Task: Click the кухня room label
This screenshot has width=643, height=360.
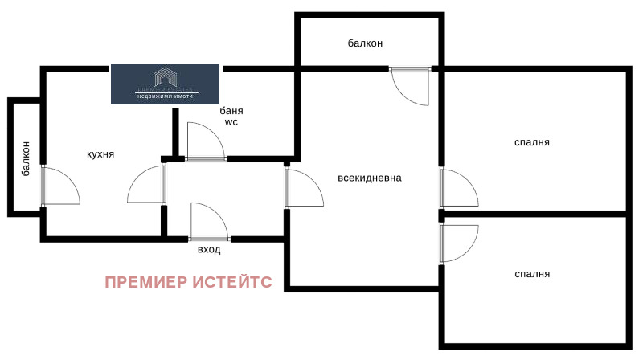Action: tap(101, 153)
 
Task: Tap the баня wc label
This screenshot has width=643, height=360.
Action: tap(231, 117)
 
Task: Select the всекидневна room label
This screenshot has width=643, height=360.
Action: tap(370, 178)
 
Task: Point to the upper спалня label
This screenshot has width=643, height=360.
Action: tap(532, 142)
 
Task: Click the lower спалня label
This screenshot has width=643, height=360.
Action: tap(532, 274)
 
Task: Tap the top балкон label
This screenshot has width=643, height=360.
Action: tap(365, 43)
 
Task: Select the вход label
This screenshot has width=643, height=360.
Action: tap(209, 250)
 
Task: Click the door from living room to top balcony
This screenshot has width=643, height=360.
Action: tap(411, 86)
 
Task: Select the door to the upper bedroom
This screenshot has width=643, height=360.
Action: tap(457, 188)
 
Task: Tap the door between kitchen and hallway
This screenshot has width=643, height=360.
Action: tap(147, 185)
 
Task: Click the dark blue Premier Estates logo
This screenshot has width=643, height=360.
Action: tap(165, 84)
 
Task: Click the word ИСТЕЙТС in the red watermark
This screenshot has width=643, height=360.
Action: tap(232, 282)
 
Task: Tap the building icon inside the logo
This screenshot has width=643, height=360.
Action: tap(165, 76)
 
